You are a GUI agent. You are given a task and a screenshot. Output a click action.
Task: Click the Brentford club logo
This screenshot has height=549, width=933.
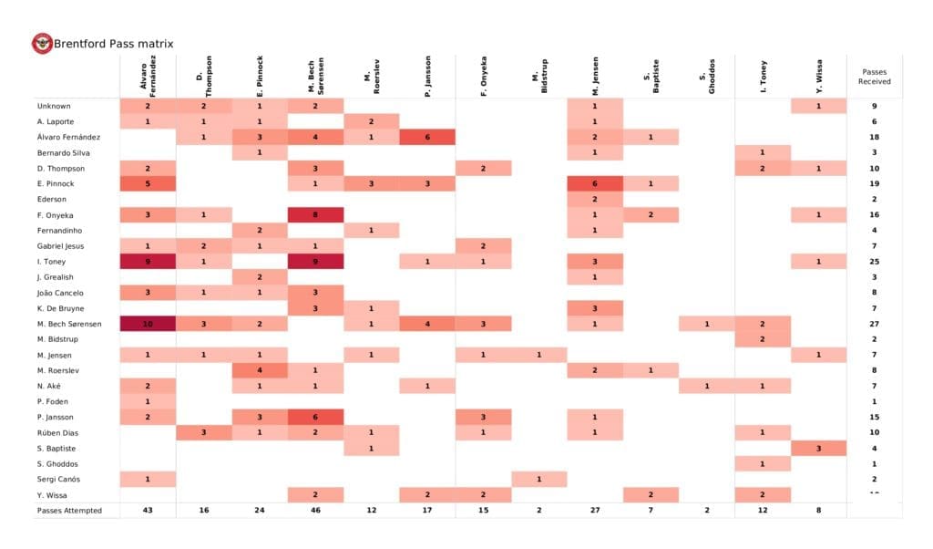point(42,44)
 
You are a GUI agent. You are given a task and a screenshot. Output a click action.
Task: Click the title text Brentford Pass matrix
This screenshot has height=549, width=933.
point(113,44)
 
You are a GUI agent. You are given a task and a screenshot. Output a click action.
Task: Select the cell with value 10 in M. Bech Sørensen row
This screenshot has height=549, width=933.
point(148,324)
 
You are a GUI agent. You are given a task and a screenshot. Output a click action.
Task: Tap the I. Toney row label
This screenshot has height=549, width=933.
point(52,262)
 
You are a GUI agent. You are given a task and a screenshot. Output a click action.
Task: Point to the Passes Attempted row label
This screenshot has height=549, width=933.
point(69,511)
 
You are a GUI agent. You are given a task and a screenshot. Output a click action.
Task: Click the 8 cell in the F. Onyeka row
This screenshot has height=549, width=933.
point(315,215)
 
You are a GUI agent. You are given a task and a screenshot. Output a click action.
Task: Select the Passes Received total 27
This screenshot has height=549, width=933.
point(874,324)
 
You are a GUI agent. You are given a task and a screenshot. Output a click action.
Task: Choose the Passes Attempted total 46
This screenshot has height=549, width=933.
point(315,511)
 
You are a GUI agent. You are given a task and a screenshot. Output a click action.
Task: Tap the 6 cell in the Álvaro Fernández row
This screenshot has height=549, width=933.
point(427,138)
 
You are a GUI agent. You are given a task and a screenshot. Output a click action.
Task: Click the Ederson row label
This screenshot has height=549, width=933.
point(51,200)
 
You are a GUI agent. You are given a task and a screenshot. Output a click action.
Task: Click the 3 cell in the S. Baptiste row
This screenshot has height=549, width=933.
point(818,449)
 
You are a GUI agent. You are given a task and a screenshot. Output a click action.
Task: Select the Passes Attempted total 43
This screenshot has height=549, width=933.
point(148,511)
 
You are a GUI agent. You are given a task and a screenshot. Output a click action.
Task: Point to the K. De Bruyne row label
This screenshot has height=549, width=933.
point(59,308)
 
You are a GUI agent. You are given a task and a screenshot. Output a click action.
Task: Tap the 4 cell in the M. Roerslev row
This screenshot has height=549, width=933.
point(260,370)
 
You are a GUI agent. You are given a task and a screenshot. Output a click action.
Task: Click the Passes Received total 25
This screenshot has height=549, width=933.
point(874,262)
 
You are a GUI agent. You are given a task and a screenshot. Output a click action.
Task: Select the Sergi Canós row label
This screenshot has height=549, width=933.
point(57,480)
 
